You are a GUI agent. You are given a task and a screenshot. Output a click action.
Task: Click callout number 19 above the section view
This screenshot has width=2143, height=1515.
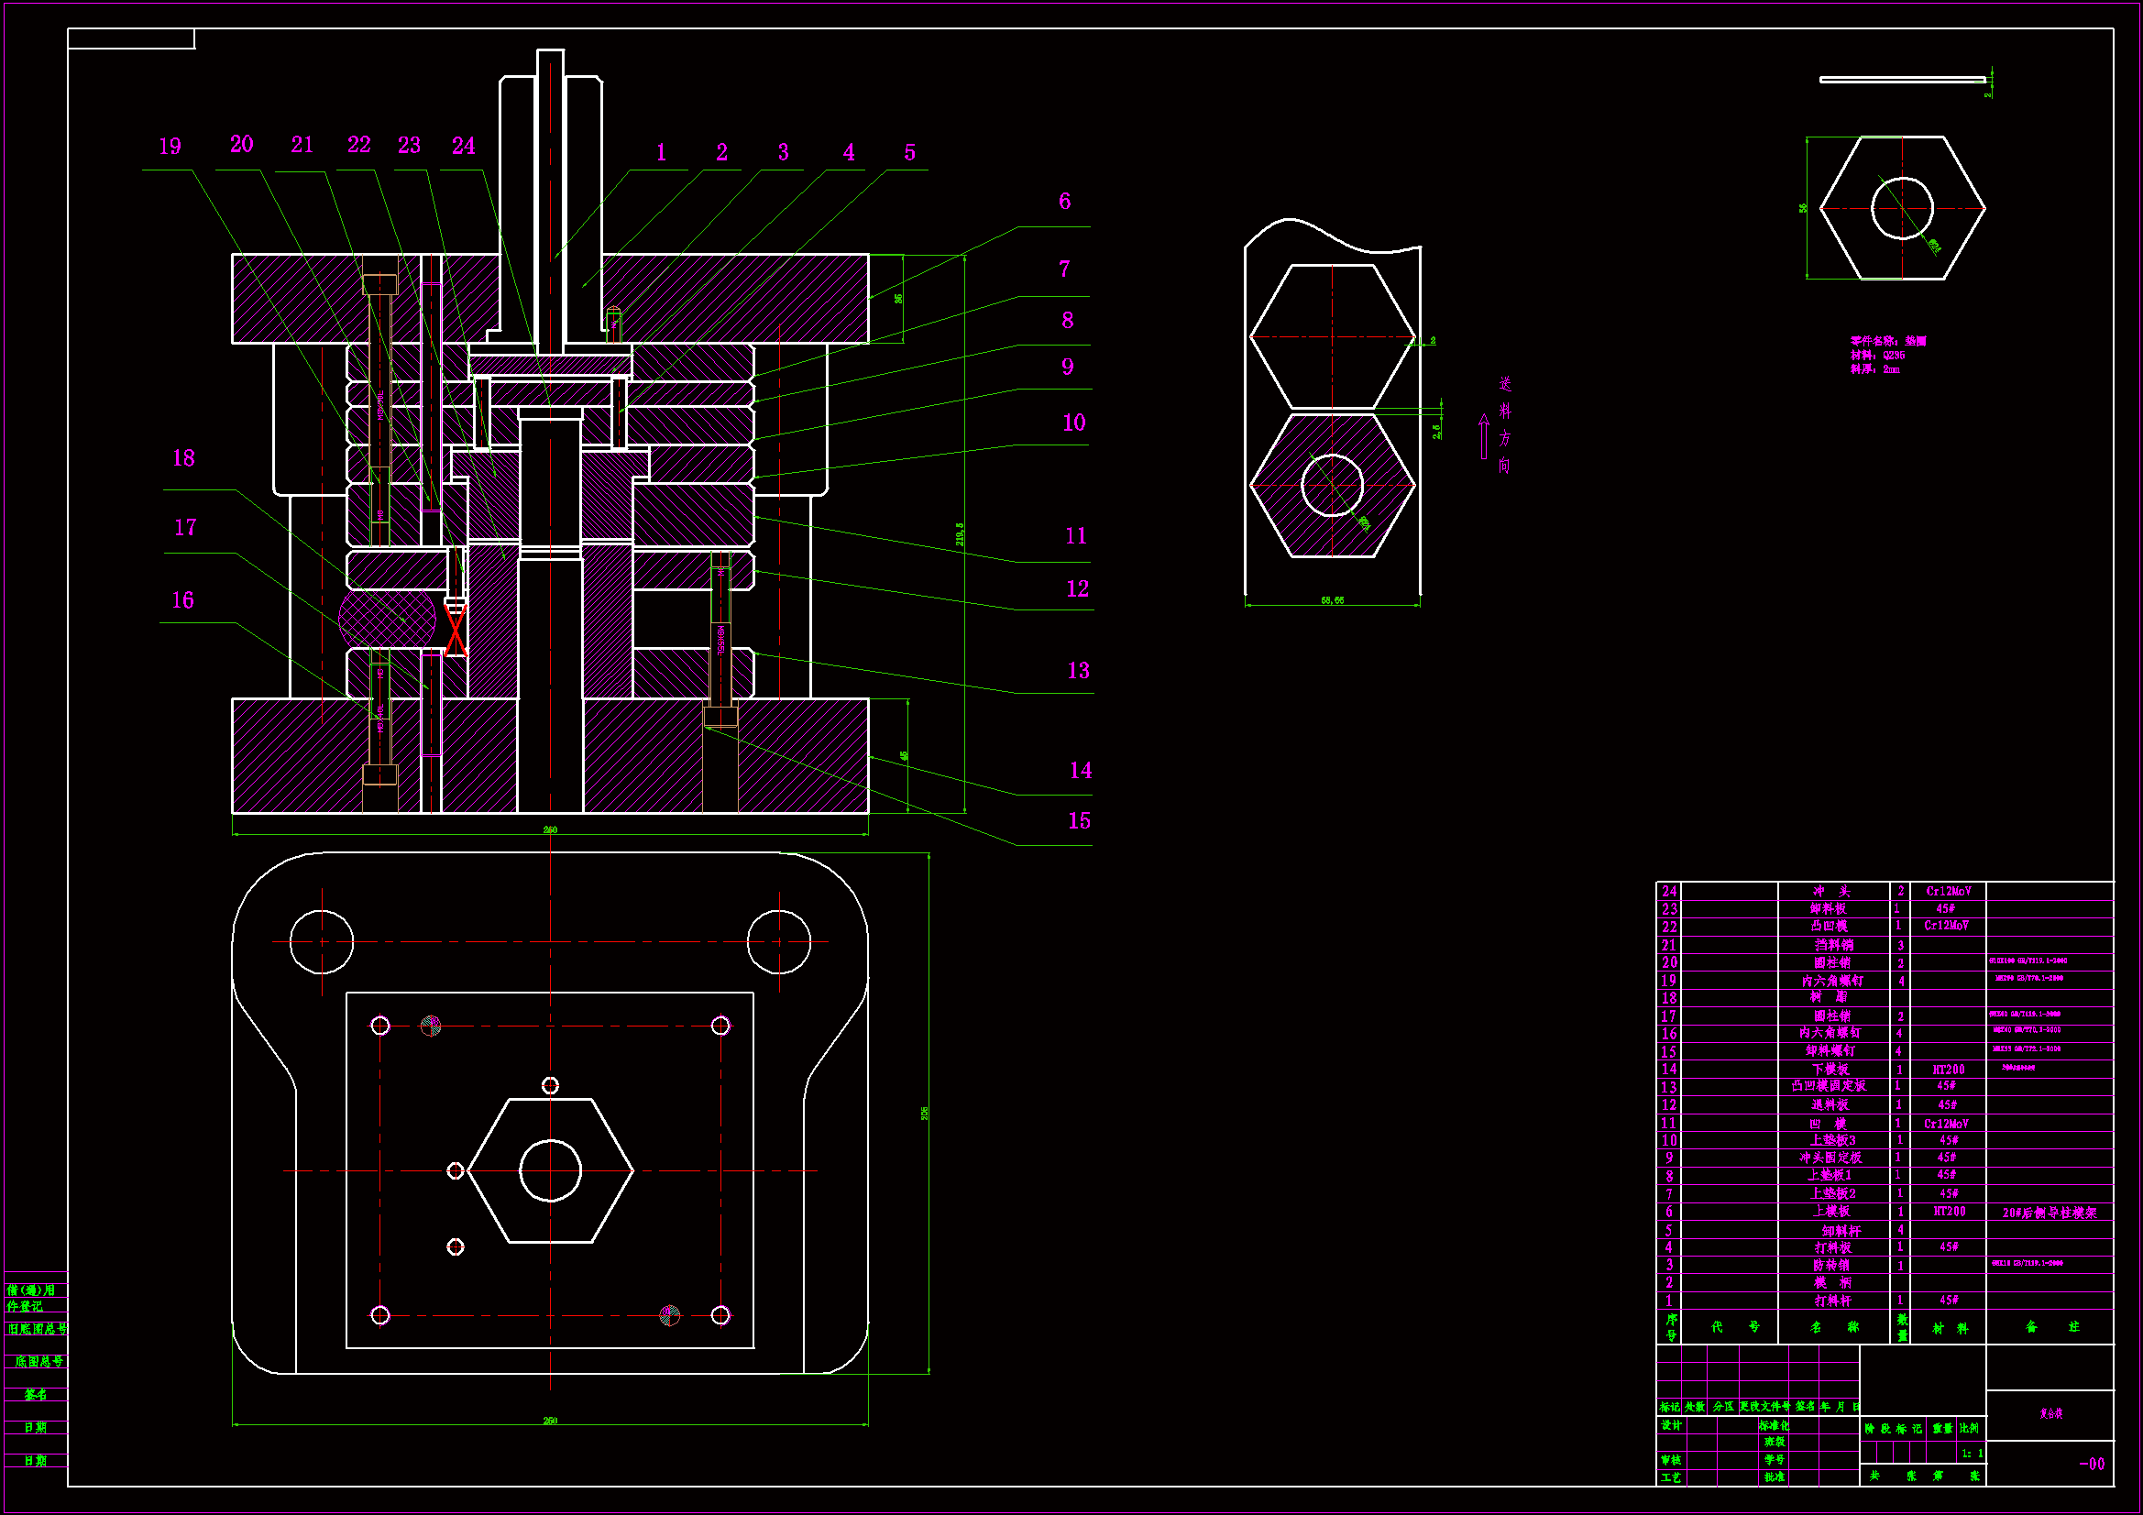click(x=170, y=147)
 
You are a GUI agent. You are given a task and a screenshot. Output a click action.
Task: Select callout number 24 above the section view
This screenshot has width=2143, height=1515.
click(x=463, y=146)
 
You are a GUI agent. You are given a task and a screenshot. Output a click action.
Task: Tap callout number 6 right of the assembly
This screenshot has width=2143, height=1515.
click(x=1064, y=201)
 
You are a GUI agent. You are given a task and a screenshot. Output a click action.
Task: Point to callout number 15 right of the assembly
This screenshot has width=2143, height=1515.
click(x=1079, y=820)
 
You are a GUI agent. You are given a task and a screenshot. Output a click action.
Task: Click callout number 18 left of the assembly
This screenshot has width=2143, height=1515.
click(x=184, y=458)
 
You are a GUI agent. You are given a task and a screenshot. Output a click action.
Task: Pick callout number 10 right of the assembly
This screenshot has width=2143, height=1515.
click(x=1073, y=423)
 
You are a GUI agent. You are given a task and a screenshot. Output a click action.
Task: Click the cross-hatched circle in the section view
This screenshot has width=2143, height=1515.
click(x=387, y=617)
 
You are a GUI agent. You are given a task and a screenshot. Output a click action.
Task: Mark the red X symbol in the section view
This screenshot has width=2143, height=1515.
click(x=456, y=631)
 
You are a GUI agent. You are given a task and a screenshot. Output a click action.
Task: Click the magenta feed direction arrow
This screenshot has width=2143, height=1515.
click(x=1483, y=437)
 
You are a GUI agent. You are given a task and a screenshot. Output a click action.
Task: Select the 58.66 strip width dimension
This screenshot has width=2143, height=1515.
click(x=1332, y=600)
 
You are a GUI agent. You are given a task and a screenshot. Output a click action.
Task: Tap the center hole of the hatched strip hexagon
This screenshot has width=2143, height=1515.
click(x=1332, y=486)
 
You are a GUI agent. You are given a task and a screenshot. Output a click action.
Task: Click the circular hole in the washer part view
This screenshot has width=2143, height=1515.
click(x=1901, y=208)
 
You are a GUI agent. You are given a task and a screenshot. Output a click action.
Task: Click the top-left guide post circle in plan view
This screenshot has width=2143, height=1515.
click(x=321, y=942)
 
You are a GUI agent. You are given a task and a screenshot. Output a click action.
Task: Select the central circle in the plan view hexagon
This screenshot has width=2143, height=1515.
click(x=550, y=1170)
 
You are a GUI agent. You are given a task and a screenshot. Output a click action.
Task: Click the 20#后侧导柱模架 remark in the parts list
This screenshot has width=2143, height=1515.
click(x=2049, y=1213)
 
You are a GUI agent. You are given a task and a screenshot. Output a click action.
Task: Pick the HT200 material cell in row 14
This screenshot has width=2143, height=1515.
click(x=1948, y=1070)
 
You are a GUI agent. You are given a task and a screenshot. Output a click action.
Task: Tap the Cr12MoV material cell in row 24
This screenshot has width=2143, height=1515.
click(x=1948, y=892)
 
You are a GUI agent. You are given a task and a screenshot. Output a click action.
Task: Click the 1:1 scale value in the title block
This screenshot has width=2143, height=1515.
click(x=1972, y=1454)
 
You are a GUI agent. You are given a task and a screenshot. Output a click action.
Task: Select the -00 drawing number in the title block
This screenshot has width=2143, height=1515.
click(x=2092, y=1464)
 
